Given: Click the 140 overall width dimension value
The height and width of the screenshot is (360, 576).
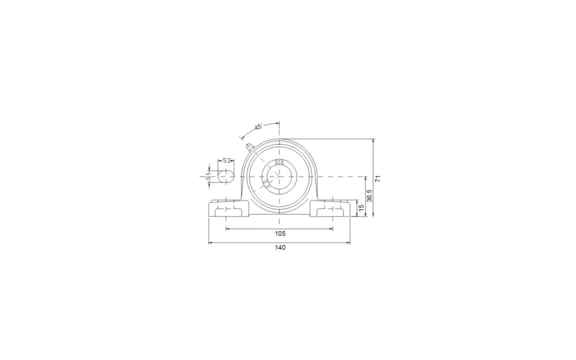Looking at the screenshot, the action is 280,247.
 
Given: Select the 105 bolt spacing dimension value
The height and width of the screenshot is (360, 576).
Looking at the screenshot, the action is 280,233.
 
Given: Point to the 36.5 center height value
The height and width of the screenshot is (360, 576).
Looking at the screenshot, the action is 370,196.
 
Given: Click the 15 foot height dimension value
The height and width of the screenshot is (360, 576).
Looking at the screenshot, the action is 361,208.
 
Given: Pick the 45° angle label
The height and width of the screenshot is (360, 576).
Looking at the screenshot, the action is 258,127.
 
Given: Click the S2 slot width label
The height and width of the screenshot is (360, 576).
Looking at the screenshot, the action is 227,160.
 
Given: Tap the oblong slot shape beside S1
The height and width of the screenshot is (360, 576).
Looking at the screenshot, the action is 225,177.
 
